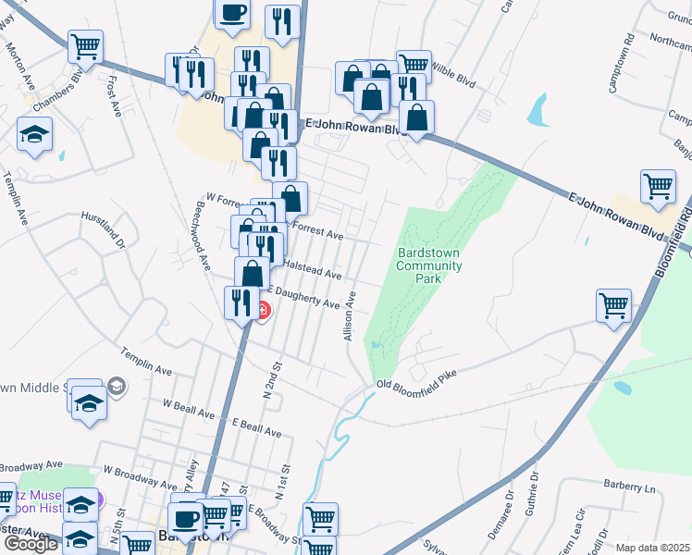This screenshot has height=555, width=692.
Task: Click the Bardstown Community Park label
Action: tap(428, 265)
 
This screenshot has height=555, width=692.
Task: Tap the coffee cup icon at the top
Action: tap(232, 12)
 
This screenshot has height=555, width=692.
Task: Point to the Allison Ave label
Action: tap(351, 316)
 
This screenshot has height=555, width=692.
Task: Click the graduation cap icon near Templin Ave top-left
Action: tap(35, 135)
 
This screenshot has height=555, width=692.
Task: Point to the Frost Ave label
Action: tap(114, 95)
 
